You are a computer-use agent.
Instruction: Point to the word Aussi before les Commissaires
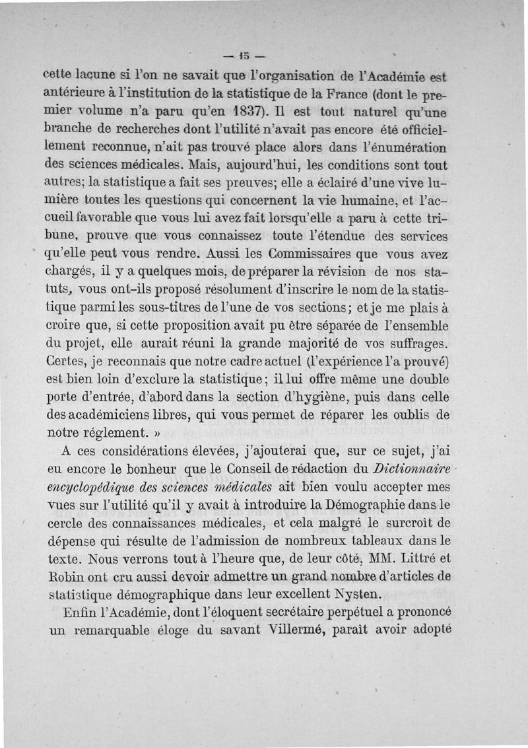point(225,254)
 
